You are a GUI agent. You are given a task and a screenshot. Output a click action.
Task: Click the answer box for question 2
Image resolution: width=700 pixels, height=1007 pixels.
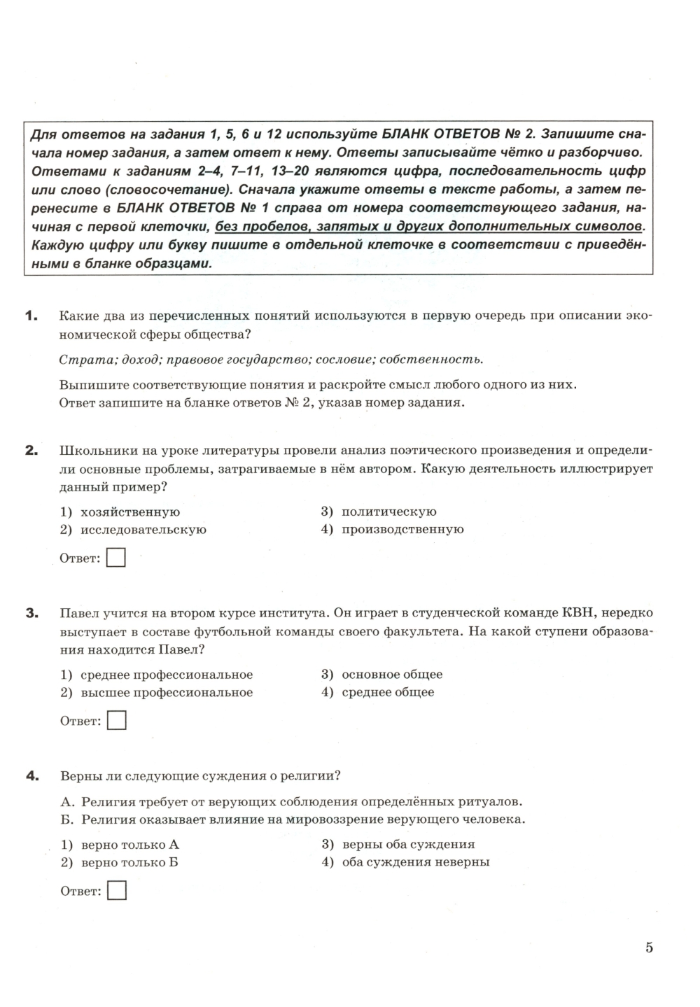click(x=116, y=558)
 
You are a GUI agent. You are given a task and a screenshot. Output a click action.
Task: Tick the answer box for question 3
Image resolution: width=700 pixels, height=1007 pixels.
click(x=116, y=721)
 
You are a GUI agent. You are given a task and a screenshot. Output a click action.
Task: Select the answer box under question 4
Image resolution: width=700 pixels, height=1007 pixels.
click(x=117, y=891)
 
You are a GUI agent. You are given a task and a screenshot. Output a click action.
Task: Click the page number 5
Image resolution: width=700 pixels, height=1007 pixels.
click(x=649, y=948)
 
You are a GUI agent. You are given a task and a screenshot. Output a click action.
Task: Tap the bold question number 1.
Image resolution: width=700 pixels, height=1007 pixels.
click(x=30, y=316)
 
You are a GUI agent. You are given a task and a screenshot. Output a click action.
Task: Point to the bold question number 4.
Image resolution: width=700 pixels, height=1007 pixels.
click(x=31, y=775)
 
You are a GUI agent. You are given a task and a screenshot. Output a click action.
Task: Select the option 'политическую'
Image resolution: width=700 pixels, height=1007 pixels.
click(x=388, y=512)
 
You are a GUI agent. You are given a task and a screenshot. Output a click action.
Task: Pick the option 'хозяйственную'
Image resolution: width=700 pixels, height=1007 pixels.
click(x=130, y=512)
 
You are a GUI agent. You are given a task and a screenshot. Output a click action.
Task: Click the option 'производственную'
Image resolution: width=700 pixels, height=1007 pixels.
click(x=402, y=530)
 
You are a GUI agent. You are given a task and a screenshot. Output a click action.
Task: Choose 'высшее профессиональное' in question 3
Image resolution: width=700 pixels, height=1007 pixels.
click(x=167, y=693)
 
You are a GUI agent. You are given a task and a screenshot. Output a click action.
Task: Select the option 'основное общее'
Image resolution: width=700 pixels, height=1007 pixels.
click(x=392, y=675)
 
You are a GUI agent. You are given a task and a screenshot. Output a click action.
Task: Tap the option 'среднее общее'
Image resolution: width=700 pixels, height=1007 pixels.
click(x=388, y=693)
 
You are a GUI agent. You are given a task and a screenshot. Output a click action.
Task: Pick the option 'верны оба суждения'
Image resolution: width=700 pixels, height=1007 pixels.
click(x=408, y=845)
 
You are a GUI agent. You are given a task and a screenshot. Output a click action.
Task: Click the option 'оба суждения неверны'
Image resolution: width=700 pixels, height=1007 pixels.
click(x=415, y=862)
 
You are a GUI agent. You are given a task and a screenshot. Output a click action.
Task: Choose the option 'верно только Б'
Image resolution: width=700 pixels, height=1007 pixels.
click(x=129, y=862)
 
